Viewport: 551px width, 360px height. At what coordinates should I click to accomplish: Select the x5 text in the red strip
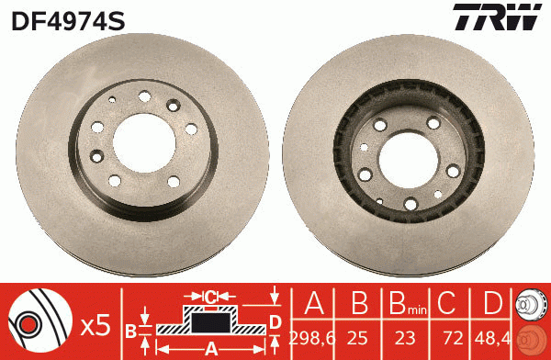[x=96, y=324]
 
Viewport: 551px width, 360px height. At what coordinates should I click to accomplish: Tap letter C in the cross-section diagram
[x=210, y=298]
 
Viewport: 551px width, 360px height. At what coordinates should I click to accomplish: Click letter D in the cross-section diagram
[x=275, y=321]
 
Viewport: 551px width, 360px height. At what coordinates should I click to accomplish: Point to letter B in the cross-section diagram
[x=131, y=329]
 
